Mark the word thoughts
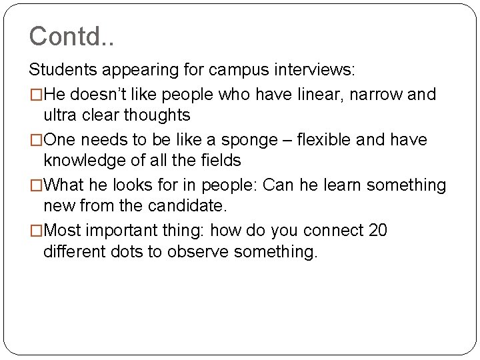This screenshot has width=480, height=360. point(157,115)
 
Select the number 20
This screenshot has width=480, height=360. point(377,231)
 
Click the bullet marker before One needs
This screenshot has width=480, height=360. point(34,139)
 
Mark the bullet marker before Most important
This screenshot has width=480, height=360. point(34,231)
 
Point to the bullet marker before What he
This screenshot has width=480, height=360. point(34,185)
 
